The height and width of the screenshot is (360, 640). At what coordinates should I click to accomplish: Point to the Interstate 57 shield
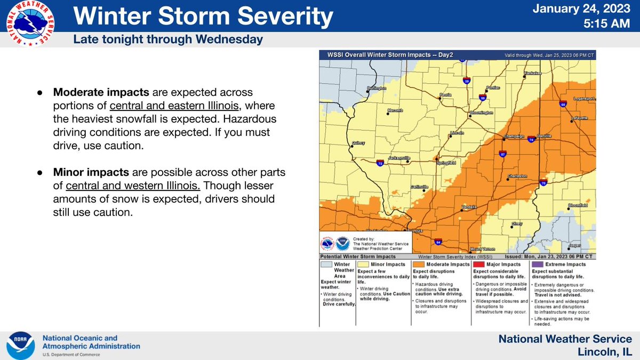tap(503, 154)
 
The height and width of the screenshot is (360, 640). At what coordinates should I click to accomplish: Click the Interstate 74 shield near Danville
tap(531, 140)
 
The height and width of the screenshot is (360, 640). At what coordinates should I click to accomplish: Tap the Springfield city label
tap(446, 162)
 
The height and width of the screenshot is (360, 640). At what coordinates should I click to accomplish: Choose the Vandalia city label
tap(469, 206)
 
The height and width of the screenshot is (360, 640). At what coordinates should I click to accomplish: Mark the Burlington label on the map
tap(376, 89)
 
